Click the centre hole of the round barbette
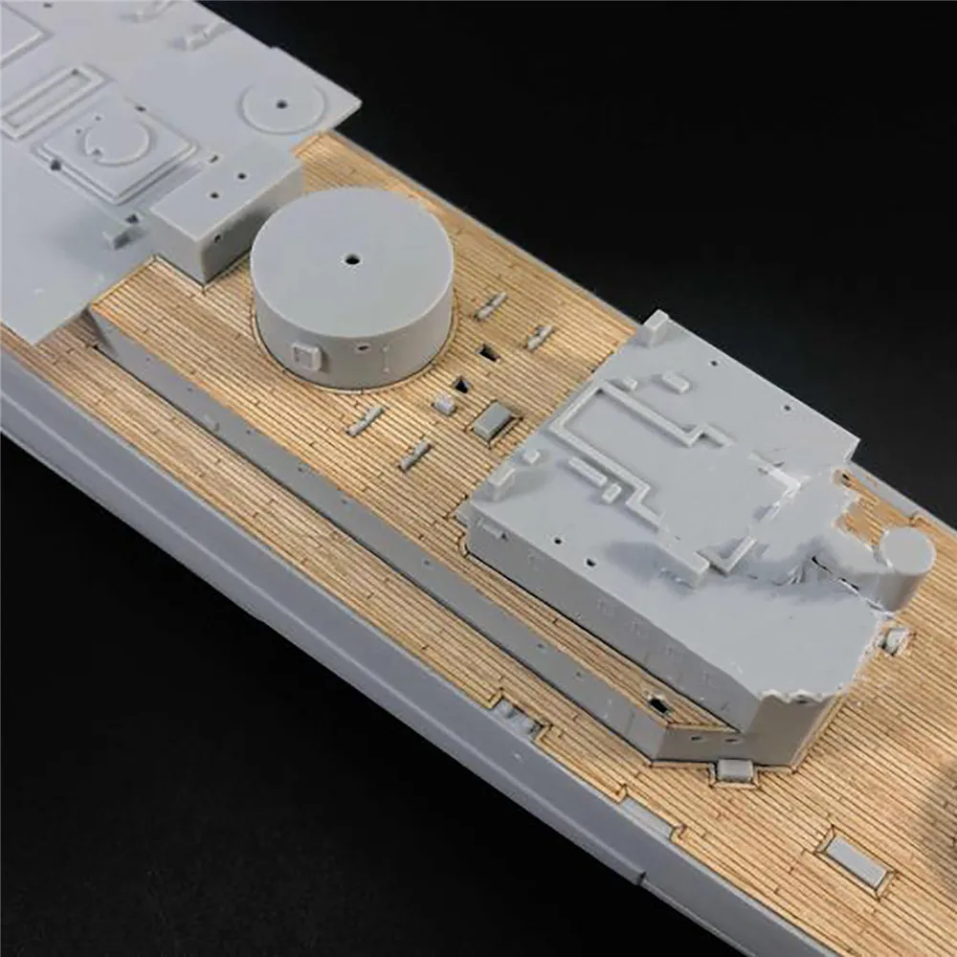tap(352, 259)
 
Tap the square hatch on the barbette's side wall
tap(305, 357)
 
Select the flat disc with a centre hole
tap(283, 103)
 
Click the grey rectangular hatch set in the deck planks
tap(855, 861)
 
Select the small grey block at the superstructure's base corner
tap(733, 769)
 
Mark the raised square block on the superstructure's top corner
tap(654, 328)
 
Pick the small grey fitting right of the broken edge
tap(895, 640)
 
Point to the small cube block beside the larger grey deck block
tap(444, 404)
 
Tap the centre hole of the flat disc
tap(284, 102)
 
